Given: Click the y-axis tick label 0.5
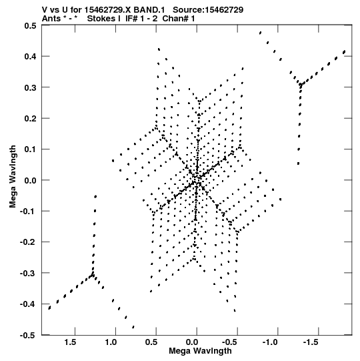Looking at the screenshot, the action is (x=31, y=25).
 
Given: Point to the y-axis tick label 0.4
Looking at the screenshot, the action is (x=31, y=57).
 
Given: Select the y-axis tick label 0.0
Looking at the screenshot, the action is (x=31, y=180).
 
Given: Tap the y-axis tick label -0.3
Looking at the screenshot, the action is (x=28, y=274).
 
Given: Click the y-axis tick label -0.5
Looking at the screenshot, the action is (x=28, y=336).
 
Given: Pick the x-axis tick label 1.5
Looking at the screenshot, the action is (x=70, y=342).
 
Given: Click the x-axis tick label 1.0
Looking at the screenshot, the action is (x=111, y=342).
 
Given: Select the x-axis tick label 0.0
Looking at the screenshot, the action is (x=192, y=342).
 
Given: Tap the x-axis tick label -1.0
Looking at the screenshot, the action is (x=271, y=342).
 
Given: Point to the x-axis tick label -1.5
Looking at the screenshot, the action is (x=311, y=342).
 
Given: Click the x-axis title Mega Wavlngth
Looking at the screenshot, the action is (x=200, y=351).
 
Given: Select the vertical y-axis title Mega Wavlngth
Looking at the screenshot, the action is (x=13, y=177).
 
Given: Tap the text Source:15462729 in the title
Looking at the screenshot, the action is (x=208, y=10).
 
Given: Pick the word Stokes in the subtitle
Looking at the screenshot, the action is (x=101, y=19).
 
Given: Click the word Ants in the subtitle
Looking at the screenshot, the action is (x=51, y=19).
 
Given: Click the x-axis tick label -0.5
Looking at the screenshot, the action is (x=230, y=342).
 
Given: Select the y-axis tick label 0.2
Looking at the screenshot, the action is (x=31, y=119).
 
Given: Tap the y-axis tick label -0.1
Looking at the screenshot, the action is (x=28, y=212).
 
